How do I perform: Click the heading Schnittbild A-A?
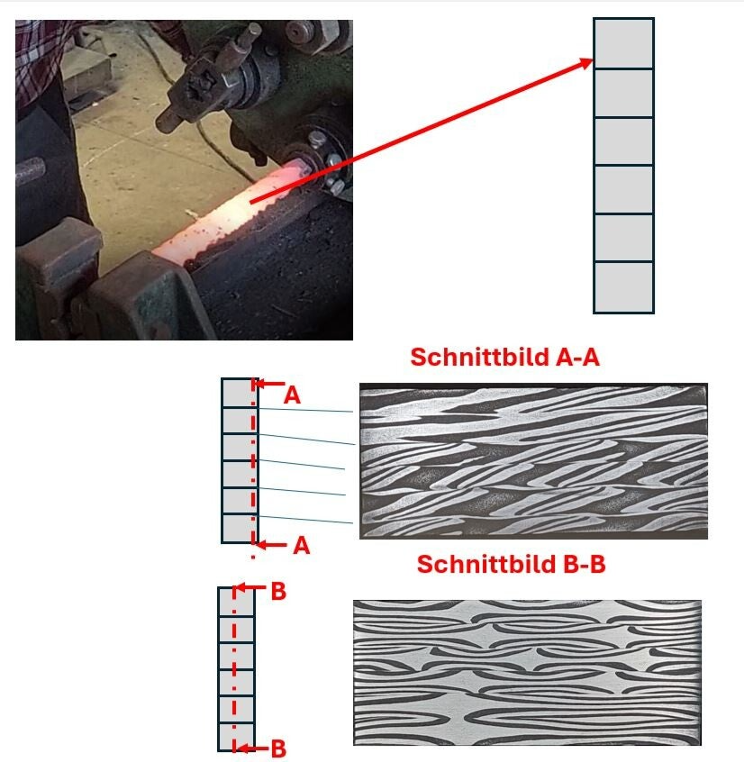pyautogui.click(x=504, y=358)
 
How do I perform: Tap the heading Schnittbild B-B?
pyautogui.click(x=511, y=565)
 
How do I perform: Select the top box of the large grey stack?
pyautogui.click(x=622, y=43)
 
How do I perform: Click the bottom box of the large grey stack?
pyautogui.click(x=622, y=287)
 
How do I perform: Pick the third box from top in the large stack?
pyautogui.click(x=622, y=141)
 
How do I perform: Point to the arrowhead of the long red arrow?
pyautogui.click(x=587, y=62)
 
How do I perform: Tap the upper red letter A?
pyautogui.click(x=292, y=395)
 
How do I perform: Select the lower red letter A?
pyautogui.click(x=301, y=546)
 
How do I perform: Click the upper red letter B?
pyautogui.click(x=278, y=592)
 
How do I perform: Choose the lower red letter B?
pyautogui.click(x=279, y=748)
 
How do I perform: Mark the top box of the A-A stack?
pyautogui.click(x=239, y=393)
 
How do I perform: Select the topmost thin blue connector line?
pyautogui.click(x=306, y=410)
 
